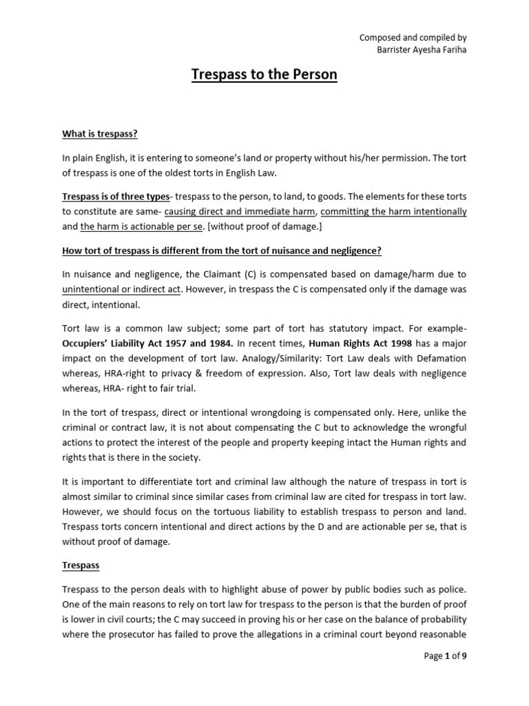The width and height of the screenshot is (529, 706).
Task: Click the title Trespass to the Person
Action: pyautogui.click(x=264, y=74)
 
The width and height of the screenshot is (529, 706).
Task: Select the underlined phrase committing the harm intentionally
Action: pyautogui.click(x=394, y=212)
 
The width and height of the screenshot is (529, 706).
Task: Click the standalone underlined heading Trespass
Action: pyautogui.click(x=81, y=565)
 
